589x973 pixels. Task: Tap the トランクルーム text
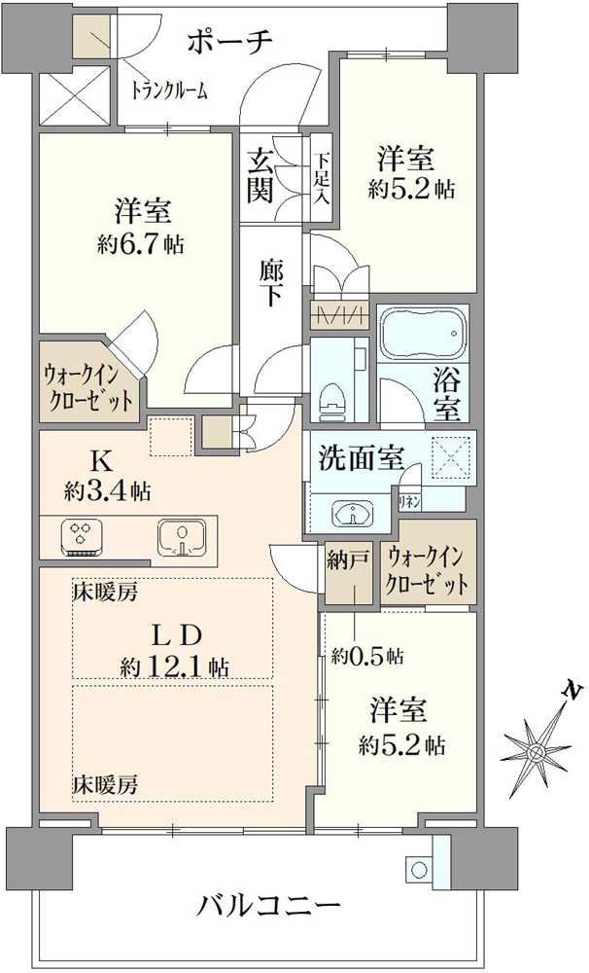coord(169,90)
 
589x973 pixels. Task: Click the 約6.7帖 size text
coord(141,244)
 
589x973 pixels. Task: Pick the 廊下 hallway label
coord(271,283)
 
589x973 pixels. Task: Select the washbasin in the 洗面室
coord(352,513)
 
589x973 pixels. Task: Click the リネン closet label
coord(408,501)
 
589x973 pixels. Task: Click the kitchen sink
coord(181,536)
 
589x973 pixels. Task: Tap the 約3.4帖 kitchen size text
coord(107,492)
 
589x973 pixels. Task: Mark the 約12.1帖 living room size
coord(175,667)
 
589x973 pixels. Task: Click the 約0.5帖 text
coord(367,655)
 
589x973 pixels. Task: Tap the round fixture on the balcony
coord(416,868)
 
